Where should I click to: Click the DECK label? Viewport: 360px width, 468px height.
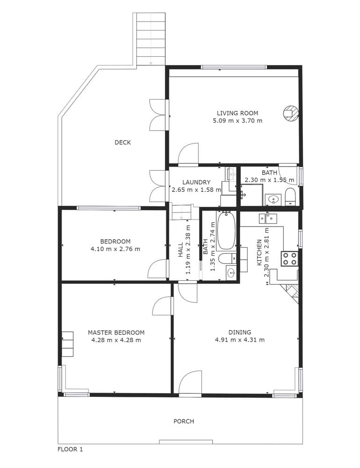[123, 142]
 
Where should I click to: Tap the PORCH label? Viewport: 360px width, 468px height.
[184, 421]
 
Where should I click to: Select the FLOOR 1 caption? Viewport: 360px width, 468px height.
[70, 449]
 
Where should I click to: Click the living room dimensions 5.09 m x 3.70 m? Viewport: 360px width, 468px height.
[238, 121]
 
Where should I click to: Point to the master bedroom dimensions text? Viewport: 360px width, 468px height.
[116, 340]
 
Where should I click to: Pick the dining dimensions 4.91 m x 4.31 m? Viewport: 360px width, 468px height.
[240, 340]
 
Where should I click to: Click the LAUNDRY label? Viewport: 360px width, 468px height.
[197, 182]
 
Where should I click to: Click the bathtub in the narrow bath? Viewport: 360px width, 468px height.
[226, 230]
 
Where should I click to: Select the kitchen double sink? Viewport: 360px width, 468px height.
[268, 218]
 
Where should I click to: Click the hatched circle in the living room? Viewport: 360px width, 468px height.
[290, 113]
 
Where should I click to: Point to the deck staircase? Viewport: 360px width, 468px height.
[149, 39]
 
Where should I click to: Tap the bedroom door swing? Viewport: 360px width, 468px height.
[157, 269]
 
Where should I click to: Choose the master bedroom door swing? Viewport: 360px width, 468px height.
[163, 306]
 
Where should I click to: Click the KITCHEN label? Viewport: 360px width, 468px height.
[259, 252]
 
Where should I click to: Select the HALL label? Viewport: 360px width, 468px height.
[181, 250]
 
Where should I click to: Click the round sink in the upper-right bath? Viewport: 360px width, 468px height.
[273, 199]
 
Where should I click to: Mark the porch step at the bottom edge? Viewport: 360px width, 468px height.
[186, 442]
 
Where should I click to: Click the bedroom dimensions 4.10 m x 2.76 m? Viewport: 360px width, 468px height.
[115, 249]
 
